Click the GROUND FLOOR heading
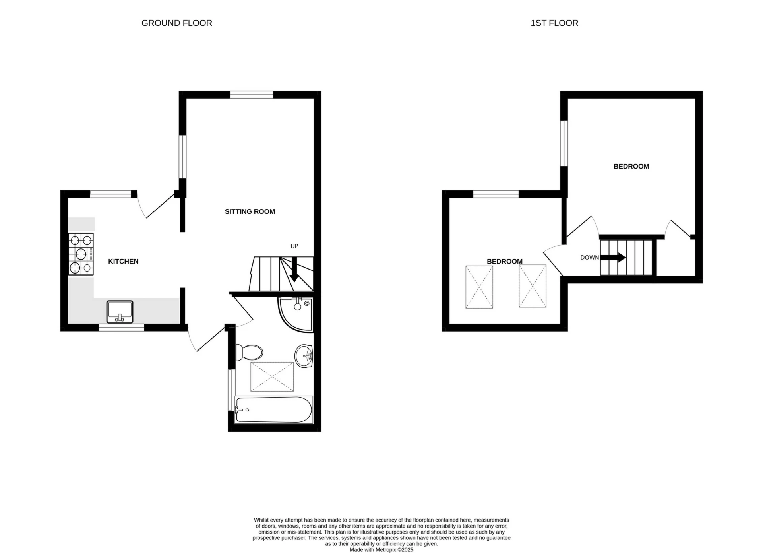(176, 23)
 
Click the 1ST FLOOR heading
(554, 23)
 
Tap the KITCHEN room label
(123, 261)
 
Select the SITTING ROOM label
(250, 211)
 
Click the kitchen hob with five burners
(81, 254)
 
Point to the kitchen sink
(120, 312)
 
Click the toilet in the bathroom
(249, 352)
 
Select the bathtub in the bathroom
(273, 409)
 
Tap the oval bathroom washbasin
(304, 356)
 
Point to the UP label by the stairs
(294, 246)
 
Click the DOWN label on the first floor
(589, 258)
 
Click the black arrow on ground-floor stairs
(294, 270)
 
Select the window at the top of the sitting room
(252, 94)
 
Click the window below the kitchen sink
(121, 328)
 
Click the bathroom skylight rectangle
(272, 376)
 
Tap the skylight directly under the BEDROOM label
(479, 287)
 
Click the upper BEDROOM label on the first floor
(631, 166)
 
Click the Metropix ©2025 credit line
(381, 550)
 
